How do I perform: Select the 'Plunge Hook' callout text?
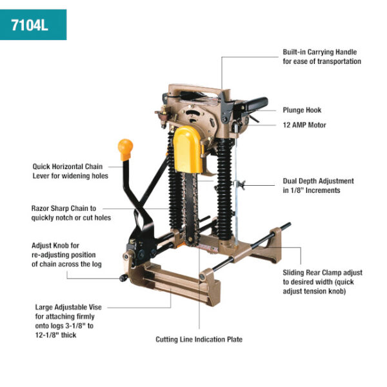click(301, 110)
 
